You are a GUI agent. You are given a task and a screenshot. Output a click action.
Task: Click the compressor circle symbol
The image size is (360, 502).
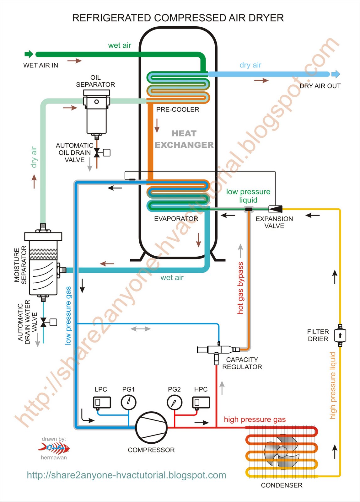click(151, 428)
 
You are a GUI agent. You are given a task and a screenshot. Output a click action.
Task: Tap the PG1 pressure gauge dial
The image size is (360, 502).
click(128, 402)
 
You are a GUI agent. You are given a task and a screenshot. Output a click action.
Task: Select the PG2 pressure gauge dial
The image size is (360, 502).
click(174, 402)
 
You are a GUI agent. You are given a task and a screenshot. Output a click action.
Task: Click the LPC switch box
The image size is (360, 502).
click(102, 402)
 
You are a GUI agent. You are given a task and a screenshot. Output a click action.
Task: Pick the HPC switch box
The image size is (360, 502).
click(201, 402)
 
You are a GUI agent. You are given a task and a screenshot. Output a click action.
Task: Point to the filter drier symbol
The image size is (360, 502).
click(340, 335)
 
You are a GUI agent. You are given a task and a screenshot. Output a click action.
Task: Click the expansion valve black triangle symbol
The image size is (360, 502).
click(276, 209)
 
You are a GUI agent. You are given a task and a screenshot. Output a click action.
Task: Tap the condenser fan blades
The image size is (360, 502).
click(282, 452)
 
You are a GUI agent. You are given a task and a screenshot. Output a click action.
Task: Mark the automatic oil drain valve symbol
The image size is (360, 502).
click(97, 153)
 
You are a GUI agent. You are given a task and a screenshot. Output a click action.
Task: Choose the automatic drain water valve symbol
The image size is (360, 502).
click(44, 322)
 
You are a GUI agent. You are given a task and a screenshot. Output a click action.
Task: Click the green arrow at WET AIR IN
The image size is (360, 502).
click(29, 54)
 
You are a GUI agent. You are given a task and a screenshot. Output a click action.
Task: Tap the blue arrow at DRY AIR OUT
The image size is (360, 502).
click(336, 74)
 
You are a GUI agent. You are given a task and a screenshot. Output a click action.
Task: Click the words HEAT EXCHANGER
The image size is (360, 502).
click(184, 139)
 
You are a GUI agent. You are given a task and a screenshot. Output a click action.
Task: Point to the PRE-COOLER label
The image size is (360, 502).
click(178, 109)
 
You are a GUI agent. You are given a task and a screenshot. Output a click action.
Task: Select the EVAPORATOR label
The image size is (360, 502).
click(176, 219)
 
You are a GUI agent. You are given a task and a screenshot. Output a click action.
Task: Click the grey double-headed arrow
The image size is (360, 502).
click(141, 329)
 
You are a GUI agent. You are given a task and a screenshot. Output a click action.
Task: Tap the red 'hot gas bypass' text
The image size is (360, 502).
click(240, 288)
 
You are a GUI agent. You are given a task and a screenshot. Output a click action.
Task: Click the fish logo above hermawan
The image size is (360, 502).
click(54, 448)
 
